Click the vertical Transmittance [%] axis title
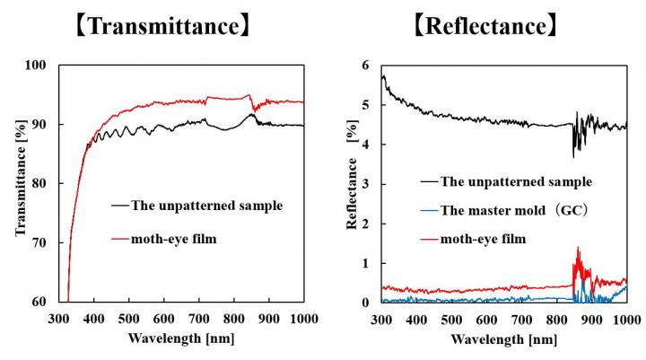(x=20, y=184)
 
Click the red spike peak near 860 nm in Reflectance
(x=578, y=248)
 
